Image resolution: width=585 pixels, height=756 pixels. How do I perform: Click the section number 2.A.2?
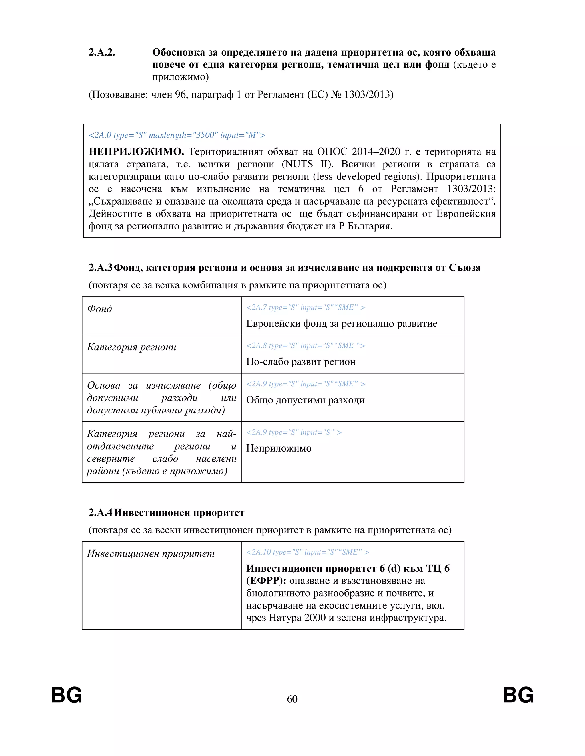point(101,52)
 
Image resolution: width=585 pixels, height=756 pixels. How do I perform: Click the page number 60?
point(292,699)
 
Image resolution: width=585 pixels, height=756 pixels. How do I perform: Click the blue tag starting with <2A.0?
point(177,135)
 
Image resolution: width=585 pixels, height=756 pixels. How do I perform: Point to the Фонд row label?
point(99,308)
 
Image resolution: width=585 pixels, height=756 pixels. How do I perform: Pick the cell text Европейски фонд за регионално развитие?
point(341,323)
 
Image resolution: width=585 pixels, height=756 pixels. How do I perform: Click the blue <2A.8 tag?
point(305,345)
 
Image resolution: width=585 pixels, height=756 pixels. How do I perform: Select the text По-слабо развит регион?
point(300,362)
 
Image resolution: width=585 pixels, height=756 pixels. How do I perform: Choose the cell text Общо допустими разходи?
point(305,400)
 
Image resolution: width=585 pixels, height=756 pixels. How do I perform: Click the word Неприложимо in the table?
point(279,449)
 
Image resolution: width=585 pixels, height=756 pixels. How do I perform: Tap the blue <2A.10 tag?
point(307,552)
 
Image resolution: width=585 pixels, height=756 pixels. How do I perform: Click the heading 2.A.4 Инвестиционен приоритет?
point(166,512)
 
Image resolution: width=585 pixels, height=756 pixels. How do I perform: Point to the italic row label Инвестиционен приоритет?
point(151,553)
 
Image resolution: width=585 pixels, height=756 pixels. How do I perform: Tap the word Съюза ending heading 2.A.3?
point(464,268)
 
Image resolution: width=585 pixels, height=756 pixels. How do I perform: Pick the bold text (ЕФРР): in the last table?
point(266,581)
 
